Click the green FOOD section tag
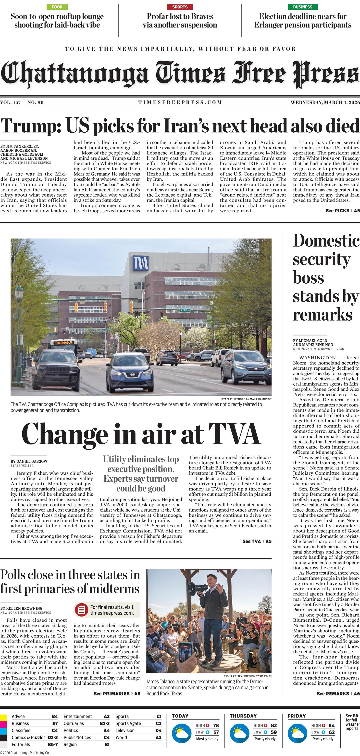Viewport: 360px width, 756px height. pyautogui.click(x=57, y=7)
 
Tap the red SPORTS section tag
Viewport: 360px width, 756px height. pyautogui.click(x=180, y=7)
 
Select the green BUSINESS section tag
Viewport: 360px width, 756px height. pyautogui.click(x=302, y=7)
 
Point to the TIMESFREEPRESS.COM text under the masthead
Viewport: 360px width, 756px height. pyautogui.click(x=180, y=102)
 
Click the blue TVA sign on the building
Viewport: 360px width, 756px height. pyautogui.click(x=140, y=263)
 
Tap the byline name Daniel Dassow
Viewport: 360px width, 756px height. pyautogui.click(x=29, y=461)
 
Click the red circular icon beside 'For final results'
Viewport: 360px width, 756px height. pyautogui.click(x=82, y=610)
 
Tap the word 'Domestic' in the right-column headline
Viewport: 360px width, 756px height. pyautogui.click(x=326, y=241)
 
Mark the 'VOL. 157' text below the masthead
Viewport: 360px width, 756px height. pyautogui.click(x=11, y=102)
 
